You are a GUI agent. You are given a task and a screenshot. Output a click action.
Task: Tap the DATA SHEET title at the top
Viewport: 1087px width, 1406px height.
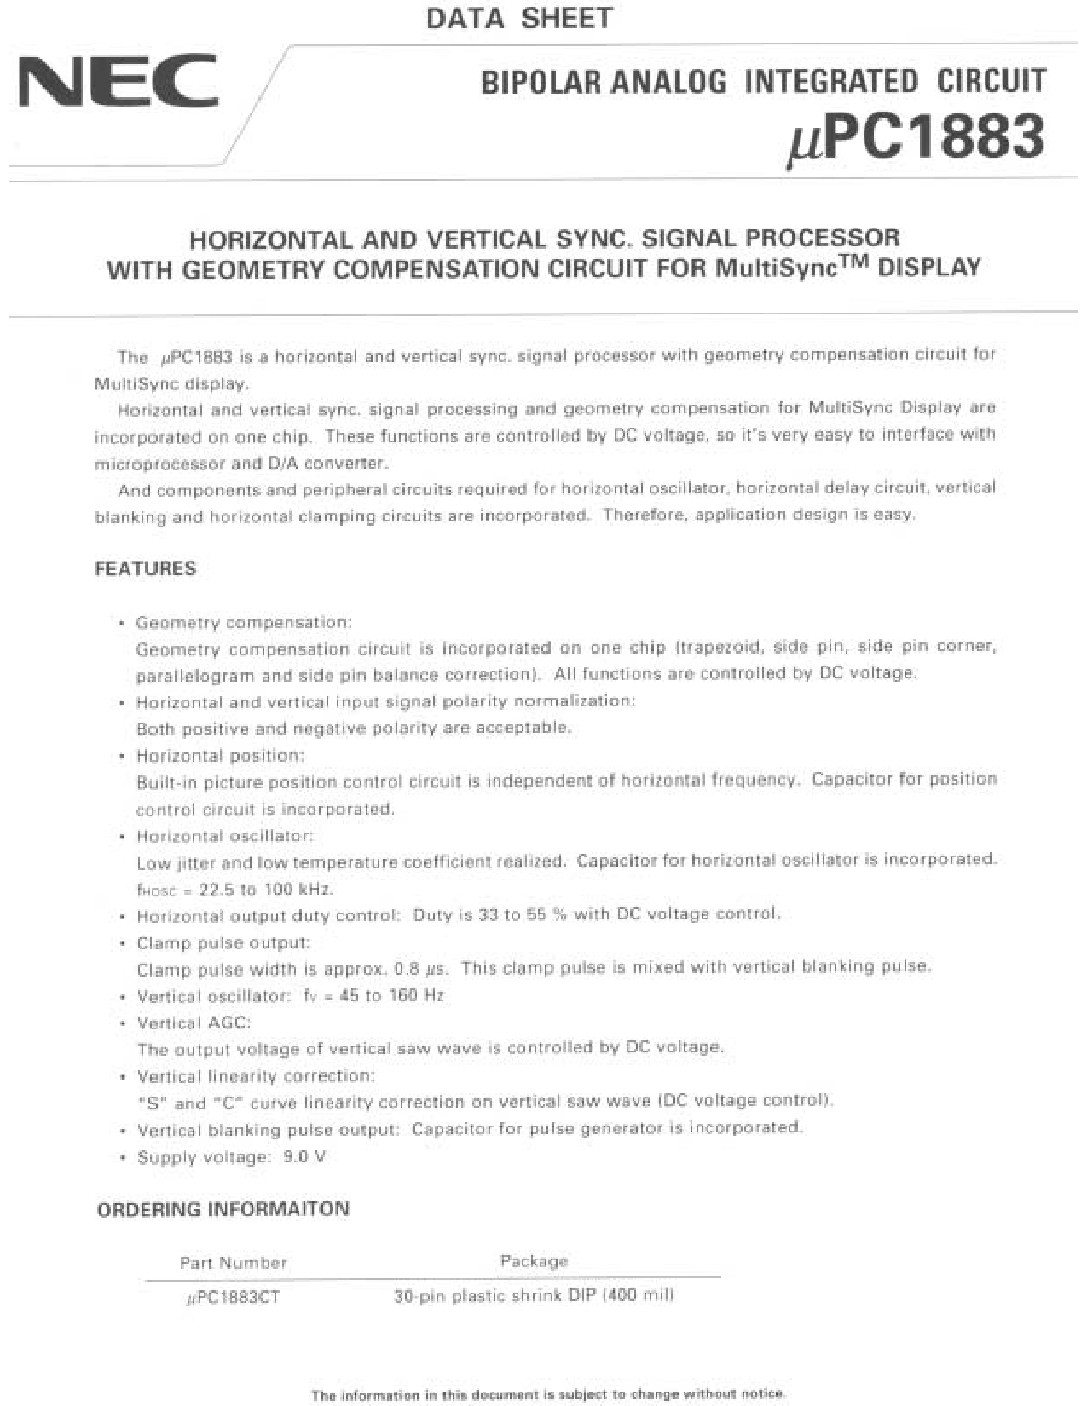click(x=518, y=18)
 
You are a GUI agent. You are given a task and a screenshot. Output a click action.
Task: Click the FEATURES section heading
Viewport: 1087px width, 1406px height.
click(x=145, y=569)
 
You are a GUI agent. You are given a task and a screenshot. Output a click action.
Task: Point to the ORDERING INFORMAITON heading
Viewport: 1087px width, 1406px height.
click(x=223, y=1209)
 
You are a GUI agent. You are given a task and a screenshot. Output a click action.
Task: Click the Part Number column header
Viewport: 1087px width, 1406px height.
click(x=233, y=1263)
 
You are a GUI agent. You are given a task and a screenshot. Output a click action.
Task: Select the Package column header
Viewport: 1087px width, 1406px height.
click(x=534, y=1261)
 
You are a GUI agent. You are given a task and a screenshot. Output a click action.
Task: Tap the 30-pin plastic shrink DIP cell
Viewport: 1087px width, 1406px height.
click(x=534, y=1297)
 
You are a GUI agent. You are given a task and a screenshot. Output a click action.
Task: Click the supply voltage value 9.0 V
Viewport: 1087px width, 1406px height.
click(x=304, y=1157)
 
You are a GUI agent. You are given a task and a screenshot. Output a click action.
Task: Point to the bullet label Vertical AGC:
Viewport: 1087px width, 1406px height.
click(x=194, y=1023)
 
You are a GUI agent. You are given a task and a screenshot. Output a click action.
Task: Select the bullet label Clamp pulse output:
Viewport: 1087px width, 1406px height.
click(x=223, y=943)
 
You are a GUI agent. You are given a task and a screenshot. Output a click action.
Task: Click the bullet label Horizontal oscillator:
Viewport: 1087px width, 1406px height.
click(x=225, y=836)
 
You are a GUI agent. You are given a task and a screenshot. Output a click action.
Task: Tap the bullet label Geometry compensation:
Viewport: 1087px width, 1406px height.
click(x=244, y=623)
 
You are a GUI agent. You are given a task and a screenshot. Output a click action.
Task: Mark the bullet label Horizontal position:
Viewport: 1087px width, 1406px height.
click(x=220, y=756)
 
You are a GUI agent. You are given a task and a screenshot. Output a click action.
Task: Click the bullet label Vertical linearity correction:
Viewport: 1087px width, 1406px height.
click(x=256, y=1076)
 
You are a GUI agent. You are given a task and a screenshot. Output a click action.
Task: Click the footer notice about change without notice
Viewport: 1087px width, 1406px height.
click(x=547, y=1395)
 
